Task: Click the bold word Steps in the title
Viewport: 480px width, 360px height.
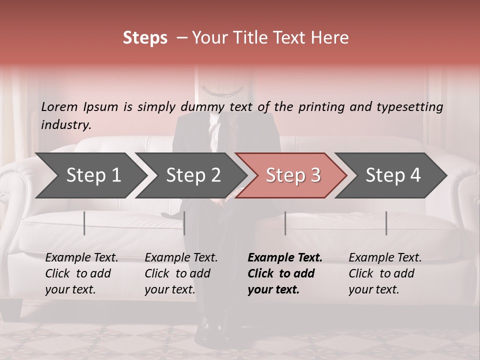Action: click(145, 38)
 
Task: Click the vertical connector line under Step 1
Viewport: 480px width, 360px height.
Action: click(84, 223)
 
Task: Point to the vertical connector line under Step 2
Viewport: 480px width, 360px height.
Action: click(184, 223)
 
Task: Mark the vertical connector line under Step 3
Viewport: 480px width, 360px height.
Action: click(285, 223)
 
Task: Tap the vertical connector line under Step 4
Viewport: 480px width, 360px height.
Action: click(386, 223)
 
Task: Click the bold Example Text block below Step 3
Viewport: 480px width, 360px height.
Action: click(285, 273)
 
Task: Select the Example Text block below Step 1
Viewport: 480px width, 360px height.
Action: click(81, 273)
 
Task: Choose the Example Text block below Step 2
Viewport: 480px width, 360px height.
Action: click(181, 273)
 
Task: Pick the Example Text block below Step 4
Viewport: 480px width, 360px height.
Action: click(385, 273)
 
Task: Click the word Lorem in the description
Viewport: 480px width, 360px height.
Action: click(59, 107)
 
